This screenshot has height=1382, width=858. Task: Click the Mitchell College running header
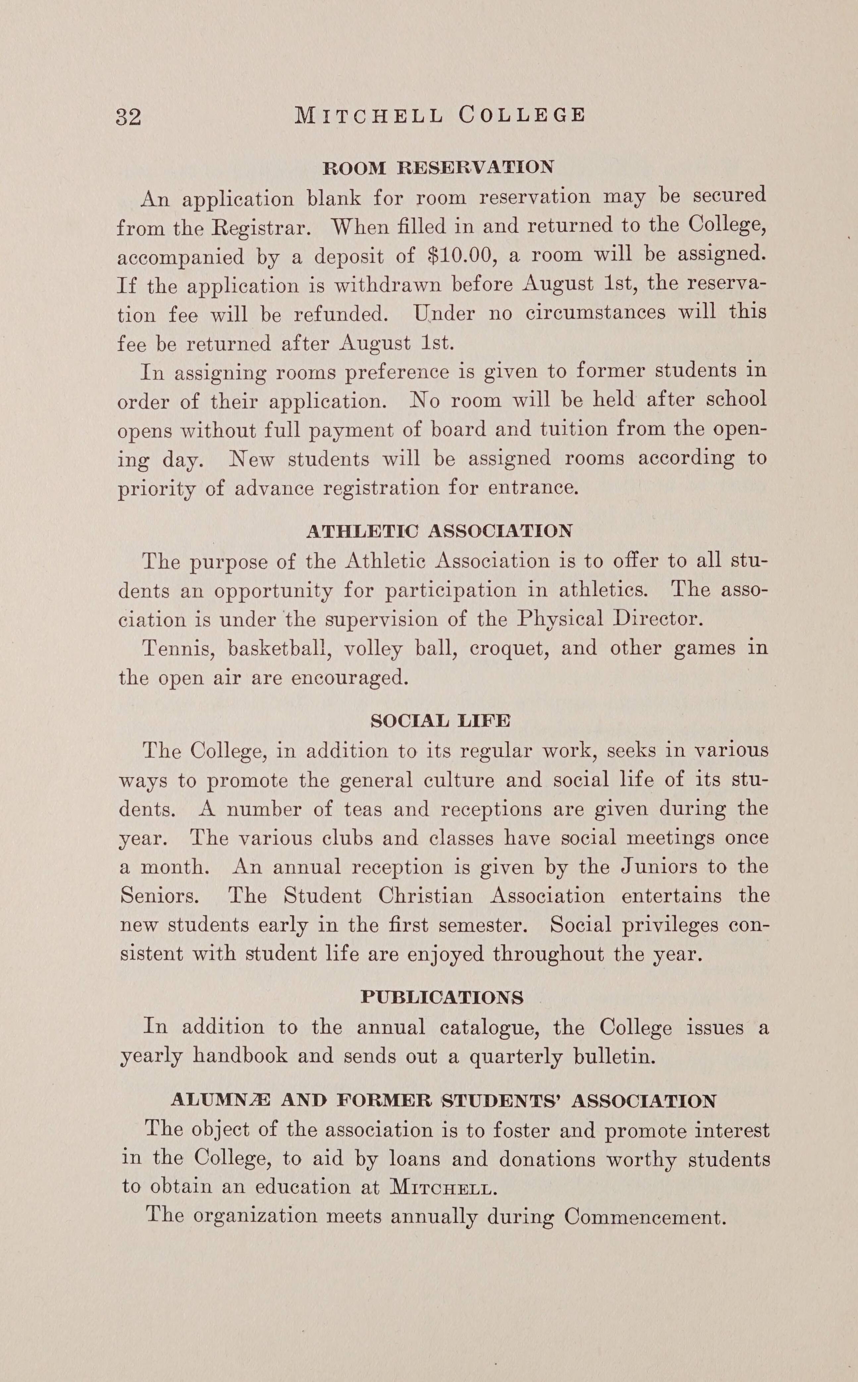[440, 115]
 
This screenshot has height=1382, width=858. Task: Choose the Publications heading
[442, 997]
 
